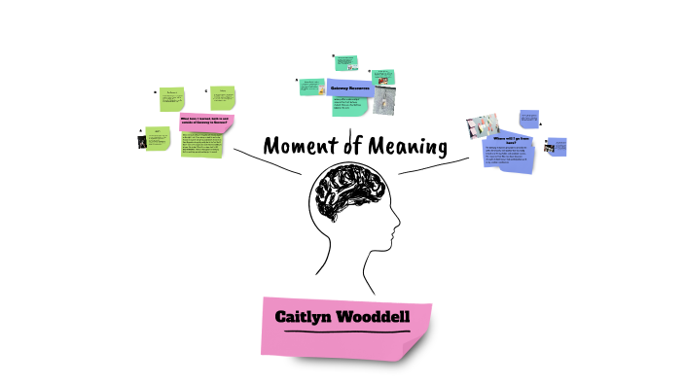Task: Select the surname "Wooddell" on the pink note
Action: click(374, 317)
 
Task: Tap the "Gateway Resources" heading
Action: click(350, 88)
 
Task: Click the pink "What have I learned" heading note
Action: click(205, 122)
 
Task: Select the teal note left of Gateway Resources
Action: click(311, 87)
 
